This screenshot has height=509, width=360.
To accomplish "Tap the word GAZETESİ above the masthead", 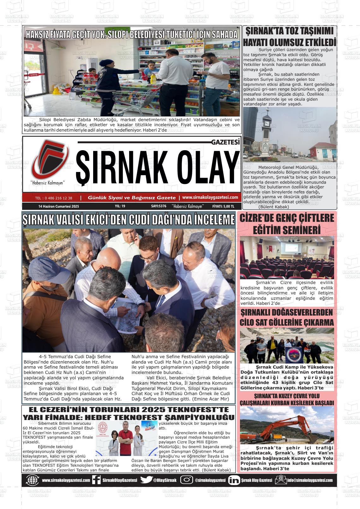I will (x=225, y=142).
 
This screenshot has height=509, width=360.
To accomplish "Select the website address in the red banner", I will (x=210, y=197).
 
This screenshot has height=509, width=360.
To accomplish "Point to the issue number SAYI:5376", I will (x=159, y=206).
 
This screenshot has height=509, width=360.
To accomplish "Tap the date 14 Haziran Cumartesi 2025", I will (x=59, y=206).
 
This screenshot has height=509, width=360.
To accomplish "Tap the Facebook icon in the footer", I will (x=96, y=480).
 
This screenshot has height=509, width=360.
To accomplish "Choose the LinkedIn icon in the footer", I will (x=234, y=480).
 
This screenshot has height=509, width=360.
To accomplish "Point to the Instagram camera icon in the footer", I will (x=187, y=480).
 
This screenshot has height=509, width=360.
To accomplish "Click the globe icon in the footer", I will (x=33, y=480).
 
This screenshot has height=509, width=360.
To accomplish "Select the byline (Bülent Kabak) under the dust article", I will (x=273, y=207).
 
